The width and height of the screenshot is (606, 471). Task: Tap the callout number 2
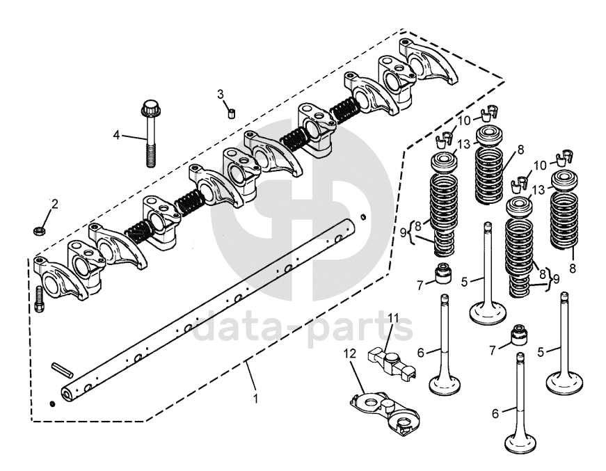[54, 204]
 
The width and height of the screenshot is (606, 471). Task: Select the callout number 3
[221, 94]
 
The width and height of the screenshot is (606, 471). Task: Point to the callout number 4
[116, 135]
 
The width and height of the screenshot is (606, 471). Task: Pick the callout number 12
[351, 354]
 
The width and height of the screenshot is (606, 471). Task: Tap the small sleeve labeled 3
[232, 113]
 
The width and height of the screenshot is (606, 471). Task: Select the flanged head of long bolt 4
[149, 108]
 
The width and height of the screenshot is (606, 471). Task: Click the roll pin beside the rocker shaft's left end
[62, 369]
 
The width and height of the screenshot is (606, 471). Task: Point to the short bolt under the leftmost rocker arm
[39, 299]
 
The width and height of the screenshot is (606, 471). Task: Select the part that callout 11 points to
[392, 360]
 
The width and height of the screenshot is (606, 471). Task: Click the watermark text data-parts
[303, 327]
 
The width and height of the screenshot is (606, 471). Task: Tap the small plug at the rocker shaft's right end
[363, 216]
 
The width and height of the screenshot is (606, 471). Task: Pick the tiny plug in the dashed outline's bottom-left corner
[53, 404]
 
